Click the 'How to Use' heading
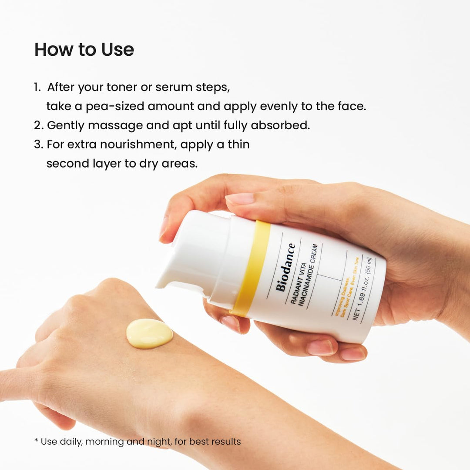84,50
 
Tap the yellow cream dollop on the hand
149,333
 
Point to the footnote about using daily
138,441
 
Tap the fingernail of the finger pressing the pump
240,198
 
